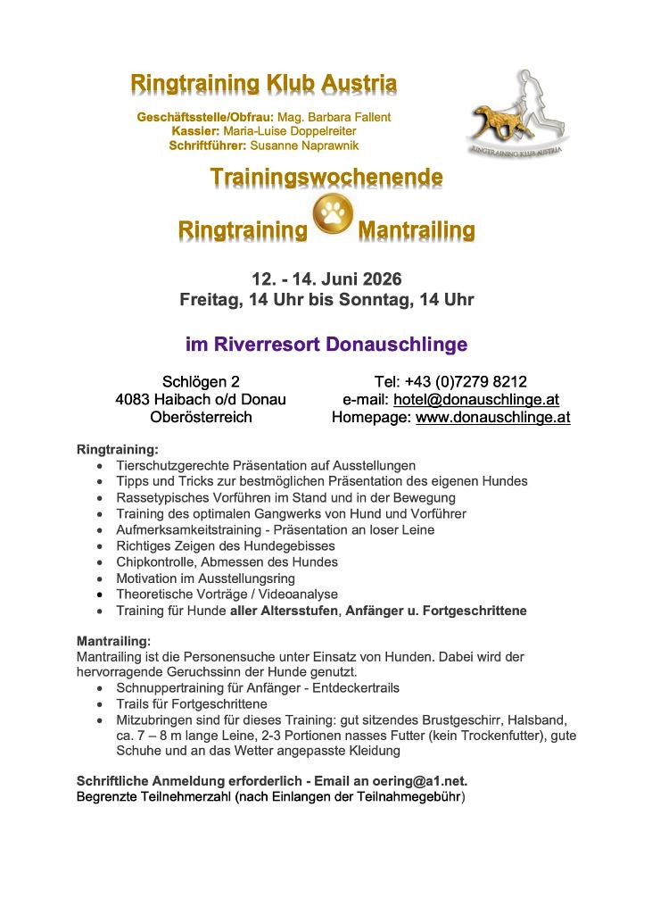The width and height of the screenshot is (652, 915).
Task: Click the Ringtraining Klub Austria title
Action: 263,84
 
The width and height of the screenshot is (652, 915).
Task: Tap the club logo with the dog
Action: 518,114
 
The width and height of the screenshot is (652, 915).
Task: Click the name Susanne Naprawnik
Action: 304,145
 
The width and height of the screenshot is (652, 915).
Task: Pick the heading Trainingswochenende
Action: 326,177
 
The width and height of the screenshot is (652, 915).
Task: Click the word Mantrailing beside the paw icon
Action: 416,231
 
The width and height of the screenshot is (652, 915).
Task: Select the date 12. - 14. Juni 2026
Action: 326,279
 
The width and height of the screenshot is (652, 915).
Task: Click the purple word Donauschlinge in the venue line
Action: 397,344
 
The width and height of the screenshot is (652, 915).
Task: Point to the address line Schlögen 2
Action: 201,382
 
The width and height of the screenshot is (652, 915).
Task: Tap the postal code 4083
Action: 133,399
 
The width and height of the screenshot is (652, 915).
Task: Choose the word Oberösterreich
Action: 201,417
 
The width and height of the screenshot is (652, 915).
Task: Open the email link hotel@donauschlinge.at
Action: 476,399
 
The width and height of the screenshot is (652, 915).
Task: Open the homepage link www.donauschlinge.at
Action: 492,417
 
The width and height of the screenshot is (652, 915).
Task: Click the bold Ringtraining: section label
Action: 117,449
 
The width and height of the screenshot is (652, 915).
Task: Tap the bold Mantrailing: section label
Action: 114,640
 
